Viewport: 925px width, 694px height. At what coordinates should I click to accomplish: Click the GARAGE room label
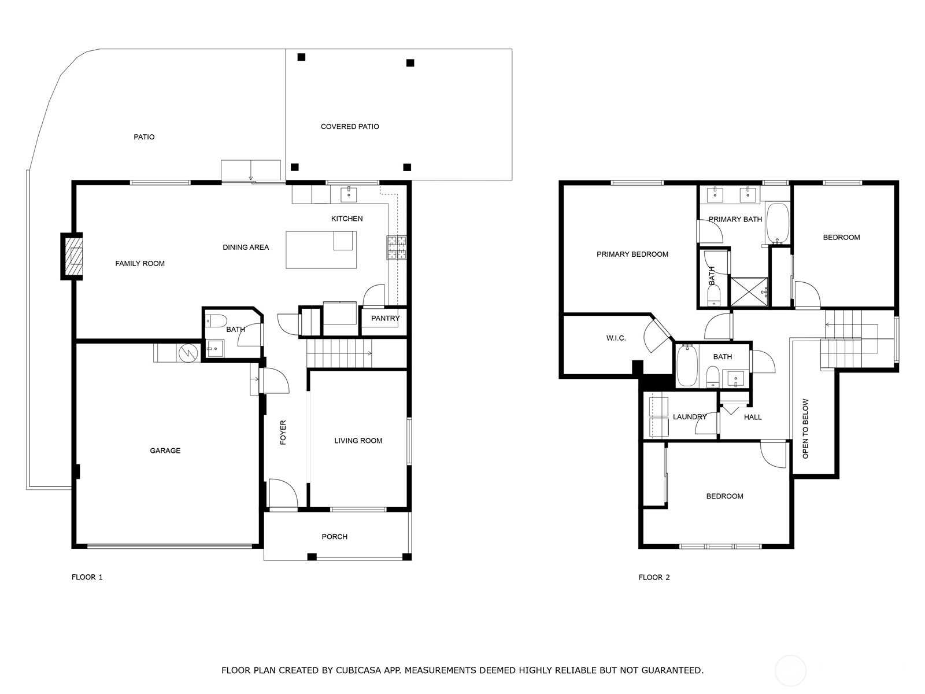165,451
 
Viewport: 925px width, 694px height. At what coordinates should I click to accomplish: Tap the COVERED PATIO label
350,127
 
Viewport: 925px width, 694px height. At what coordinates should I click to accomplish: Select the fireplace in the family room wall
72,256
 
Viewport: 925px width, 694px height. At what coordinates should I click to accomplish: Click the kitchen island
321,250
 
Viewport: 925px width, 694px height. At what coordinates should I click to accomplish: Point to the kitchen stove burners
397,248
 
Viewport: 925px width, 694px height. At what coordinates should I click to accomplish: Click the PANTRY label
385,318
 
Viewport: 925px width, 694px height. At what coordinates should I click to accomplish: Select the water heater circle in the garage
188,353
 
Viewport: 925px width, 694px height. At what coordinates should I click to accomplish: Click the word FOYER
283,433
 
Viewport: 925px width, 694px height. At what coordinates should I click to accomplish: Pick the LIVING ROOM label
358,441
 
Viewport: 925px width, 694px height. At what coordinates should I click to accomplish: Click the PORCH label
335,537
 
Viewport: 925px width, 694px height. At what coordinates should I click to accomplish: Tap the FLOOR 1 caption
87,577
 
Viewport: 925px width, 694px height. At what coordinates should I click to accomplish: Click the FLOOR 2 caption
654,577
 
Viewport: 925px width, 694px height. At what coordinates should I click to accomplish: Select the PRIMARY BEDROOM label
632,254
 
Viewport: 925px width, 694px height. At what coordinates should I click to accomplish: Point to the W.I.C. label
616,338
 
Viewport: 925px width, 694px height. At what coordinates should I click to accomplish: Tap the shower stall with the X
749,291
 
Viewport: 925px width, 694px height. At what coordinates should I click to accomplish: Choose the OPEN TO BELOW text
805,429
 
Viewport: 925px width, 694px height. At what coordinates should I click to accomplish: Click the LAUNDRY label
690,417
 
